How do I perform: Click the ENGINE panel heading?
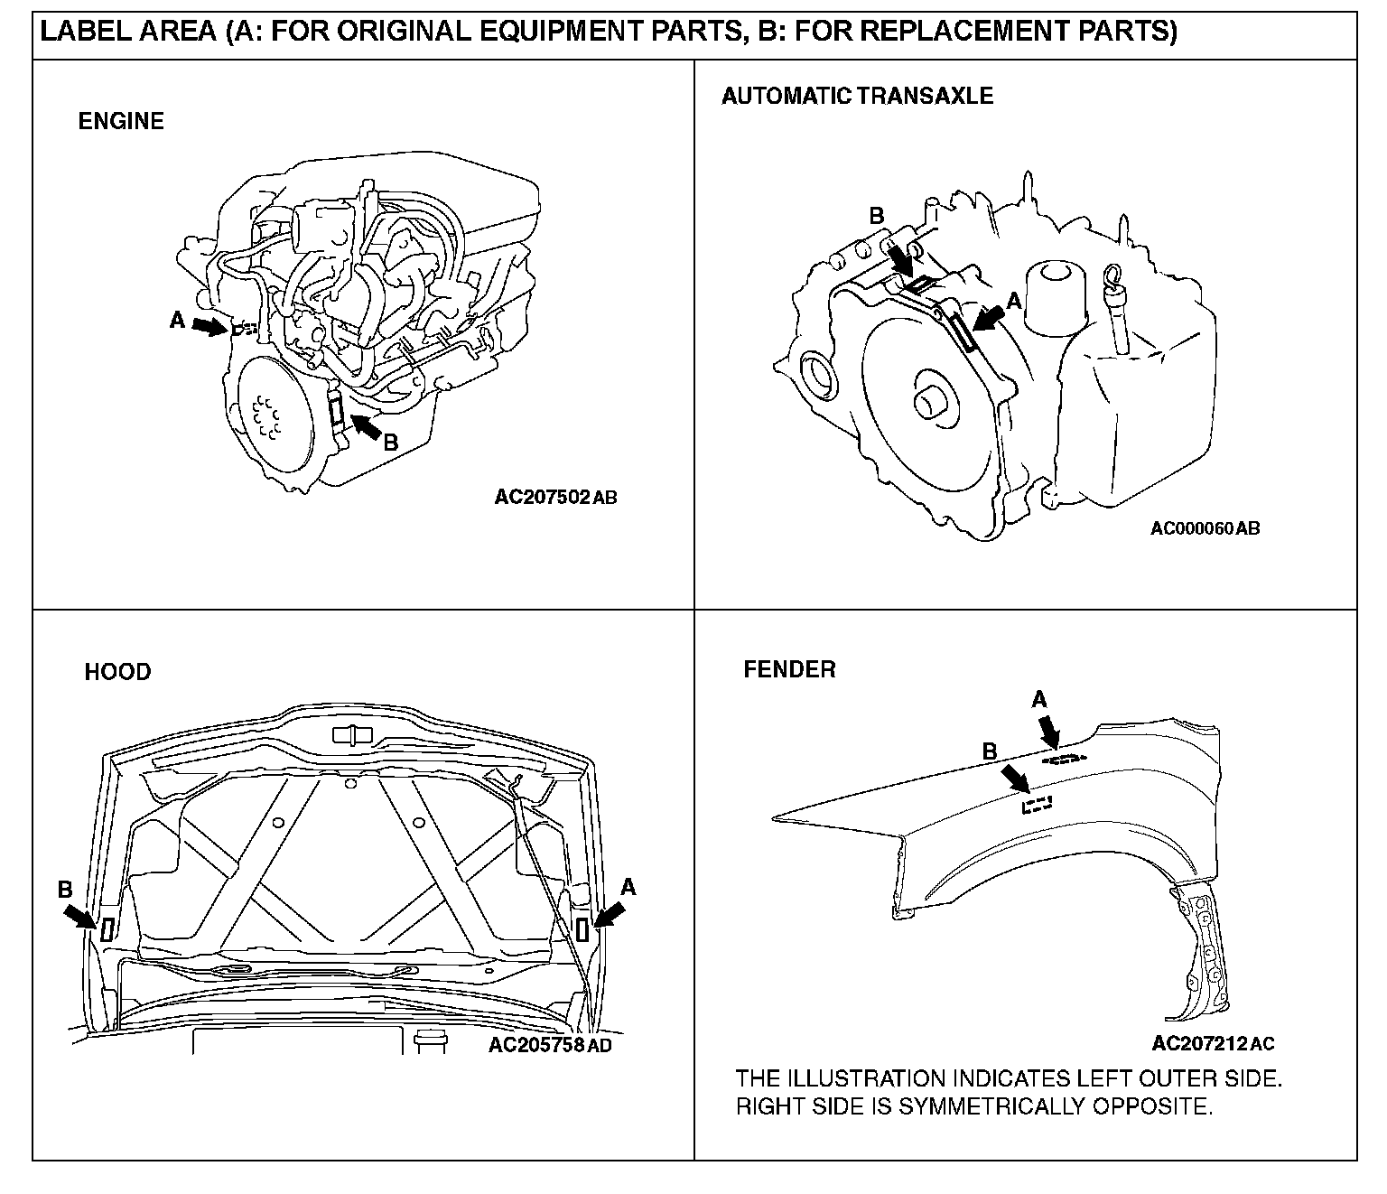pos(121,121)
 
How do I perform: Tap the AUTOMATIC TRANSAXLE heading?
pos(857,96)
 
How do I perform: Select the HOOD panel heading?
pos(117,672)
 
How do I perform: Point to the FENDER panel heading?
pos(789,669)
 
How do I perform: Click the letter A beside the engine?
pos(178,319)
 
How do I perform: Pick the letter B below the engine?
pos(391,443)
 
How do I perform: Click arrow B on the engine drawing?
pos(365,426)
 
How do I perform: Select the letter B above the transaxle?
pos(876,216)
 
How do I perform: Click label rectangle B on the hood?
pos(107,928)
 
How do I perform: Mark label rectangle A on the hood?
pos(582,928)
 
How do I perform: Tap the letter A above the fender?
pos(1039,699)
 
